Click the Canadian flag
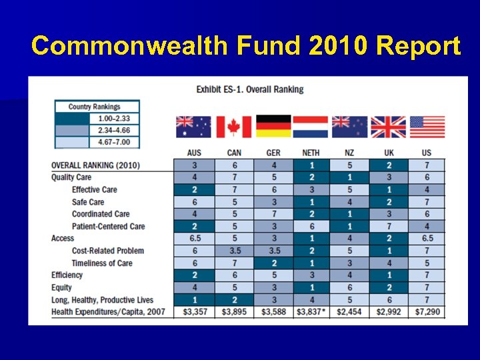tap(233, 127)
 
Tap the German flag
tap(273, 127)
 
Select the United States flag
tap(427, 127)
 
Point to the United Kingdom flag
tap(388, 127)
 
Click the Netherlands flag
tap(311, 127)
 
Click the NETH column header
tap(311, 153)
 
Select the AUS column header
tap(194, 153)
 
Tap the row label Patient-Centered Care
tap(108, 226)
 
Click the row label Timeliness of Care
tap(102, 263)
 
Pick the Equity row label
tap(61, 287)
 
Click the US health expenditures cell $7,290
tap(427, 312)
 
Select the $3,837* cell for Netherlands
tap(311, 312)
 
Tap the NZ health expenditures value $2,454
tap(349, 312)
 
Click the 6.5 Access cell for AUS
tap(194, 238)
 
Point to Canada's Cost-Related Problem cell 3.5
tap(233, 251)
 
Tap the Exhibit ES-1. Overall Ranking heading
tap(249, 89)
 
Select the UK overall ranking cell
tap(388, 165)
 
